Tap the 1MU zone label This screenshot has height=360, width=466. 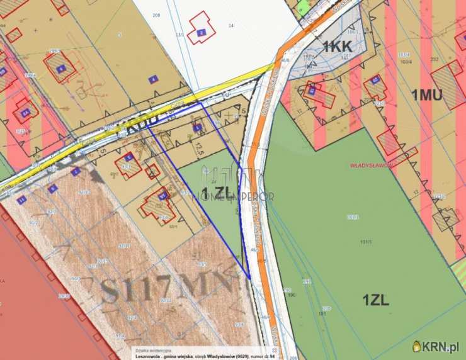(x=426, y=95)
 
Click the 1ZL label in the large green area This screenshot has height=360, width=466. (x=375, y=300)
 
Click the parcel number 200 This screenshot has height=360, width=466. (x=156, y=14)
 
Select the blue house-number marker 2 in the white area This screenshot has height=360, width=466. (x=201, y=32)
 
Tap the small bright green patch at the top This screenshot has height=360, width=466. (x=303, y=8)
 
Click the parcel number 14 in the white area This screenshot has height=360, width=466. (x=231, y=26)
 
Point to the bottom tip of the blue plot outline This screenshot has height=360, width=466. (x=249, y=278)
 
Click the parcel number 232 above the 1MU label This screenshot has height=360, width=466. (x=435, y=60)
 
